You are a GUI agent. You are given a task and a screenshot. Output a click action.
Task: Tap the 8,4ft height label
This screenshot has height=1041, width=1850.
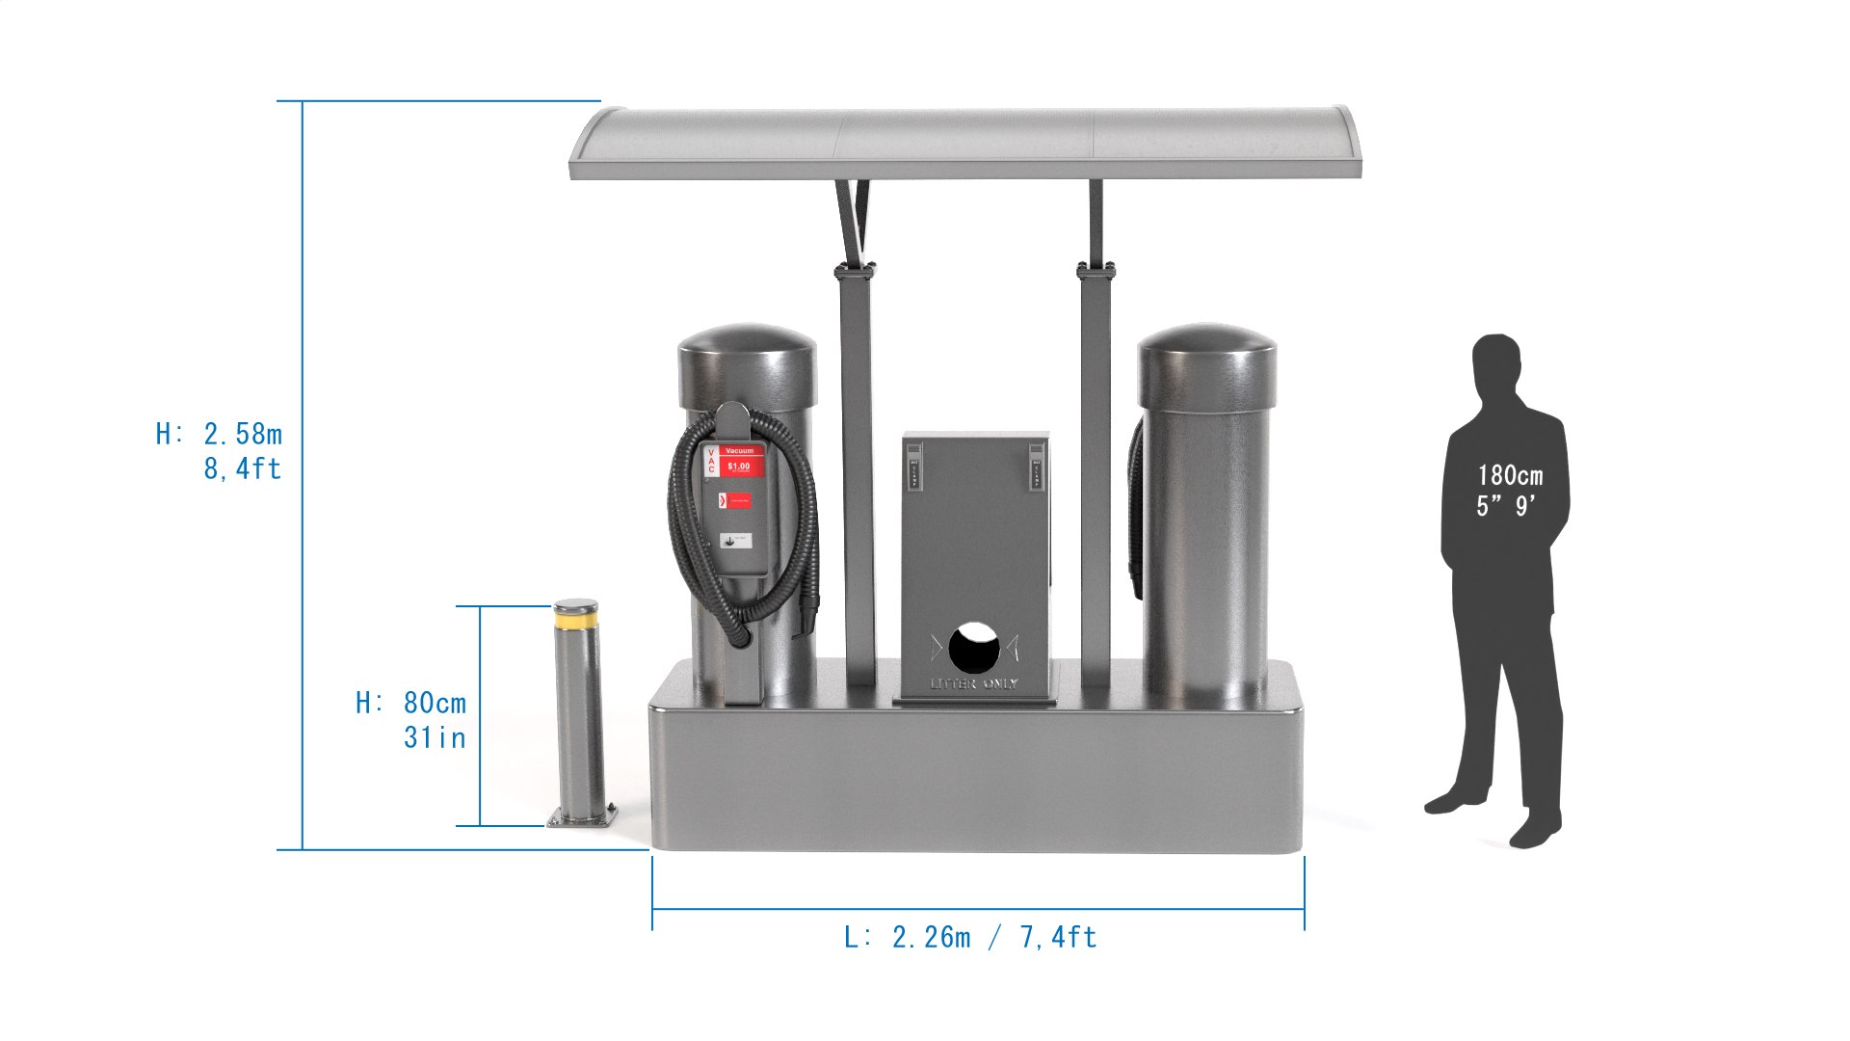coord(242,469)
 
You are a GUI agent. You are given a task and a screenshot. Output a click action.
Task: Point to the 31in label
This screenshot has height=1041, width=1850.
coord(435,738)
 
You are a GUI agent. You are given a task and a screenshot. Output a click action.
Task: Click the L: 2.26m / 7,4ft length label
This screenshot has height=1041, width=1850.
coord(970,937)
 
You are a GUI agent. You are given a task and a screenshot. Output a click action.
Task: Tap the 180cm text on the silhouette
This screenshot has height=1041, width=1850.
coord(1510,475)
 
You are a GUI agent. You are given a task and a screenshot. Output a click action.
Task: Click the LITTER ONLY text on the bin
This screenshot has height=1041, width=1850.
coord(974,684)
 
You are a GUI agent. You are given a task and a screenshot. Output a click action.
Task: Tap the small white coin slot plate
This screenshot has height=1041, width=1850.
coord(736,541)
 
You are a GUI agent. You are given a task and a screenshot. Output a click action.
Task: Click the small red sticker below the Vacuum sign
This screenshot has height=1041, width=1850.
coord(735,501)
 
